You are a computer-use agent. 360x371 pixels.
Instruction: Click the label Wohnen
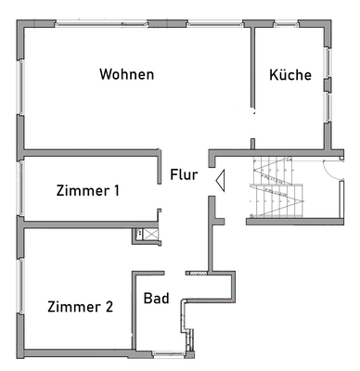pyautogui.click(x=126, y=74)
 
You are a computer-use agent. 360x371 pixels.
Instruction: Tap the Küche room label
pyautogui.click(x=290, y=75)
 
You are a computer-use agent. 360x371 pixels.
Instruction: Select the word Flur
pyautogui.click(x=183, y=173)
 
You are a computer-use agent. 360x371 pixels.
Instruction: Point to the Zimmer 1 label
pyautogui.click(x=87, y=191)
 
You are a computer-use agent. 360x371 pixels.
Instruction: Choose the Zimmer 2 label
pyautogui.click(x=80, y=307)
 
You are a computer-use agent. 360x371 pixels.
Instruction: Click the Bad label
pyautogui.click(x=156, y=299)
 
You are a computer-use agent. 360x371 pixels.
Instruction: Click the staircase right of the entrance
pyautogui.click(x=276, y=190)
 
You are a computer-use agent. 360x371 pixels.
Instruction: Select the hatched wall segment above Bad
pyautogui.click(x=196, y=274)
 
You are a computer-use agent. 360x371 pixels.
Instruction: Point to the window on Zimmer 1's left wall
pyautogui.click(x=19, y=189)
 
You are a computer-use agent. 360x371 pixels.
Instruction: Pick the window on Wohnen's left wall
pyautogui.click(x=19, y=87)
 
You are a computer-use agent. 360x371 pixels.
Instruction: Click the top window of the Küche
pyautogui.click(x=289, y=22)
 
